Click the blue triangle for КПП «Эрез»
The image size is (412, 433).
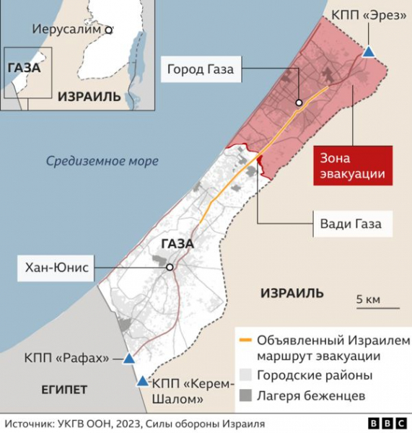click(369, 52)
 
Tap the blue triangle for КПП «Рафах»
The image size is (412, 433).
click(128, 359)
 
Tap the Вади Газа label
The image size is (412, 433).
click(351, 224)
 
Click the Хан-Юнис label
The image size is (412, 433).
click(56, 268)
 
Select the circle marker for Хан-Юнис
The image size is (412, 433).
click(170, 268)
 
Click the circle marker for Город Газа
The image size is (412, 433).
click(299, 102)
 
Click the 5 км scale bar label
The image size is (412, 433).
click(367, 299)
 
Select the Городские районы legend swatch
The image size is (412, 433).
click(245, 375)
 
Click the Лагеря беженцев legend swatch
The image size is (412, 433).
click(245, 395)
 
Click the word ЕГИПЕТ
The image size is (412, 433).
click(64, 390)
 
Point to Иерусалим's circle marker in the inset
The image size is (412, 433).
click(109, 30)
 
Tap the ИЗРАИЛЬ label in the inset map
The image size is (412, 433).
click(89, 96)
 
